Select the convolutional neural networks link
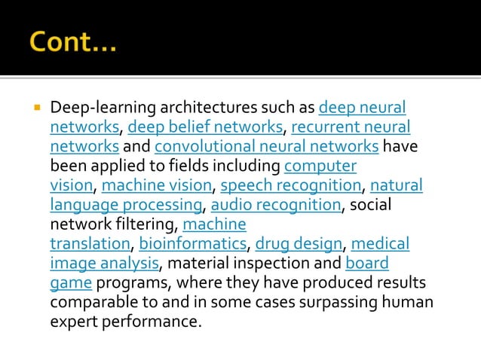pyautogui.click(x=266, y=146)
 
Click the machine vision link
pyautogui.click(x=156, y=185)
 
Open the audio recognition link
pyautogui.click(x=275, y=205)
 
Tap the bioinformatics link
pyautogui.click(x=193, y=244)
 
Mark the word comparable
pyautogui.click(x=94, y=303)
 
